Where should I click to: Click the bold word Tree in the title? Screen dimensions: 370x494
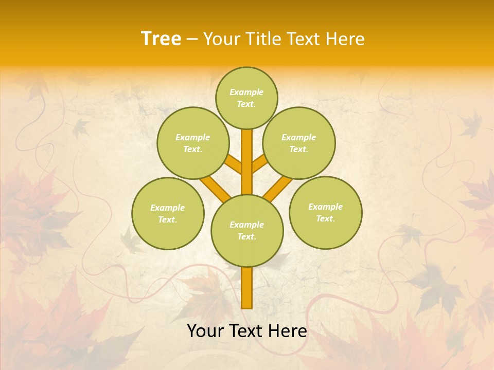tap(161, 39)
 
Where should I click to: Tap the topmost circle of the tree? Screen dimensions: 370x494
tap(246, 98)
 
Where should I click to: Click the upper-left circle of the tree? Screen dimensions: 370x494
tap(193, 143)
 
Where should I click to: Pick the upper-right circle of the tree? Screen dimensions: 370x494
tap(299, 143)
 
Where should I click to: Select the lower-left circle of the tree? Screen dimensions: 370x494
tap(168, 213)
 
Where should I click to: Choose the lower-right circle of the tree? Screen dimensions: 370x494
tap(326, 212)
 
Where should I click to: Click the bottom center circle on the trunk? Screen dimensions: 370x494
tap(247, 230)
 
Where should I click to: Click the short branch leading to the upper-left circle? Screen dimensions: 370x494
tap(234, 165)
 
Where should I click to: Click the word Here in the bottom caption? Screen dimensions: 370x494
tap(286, 331)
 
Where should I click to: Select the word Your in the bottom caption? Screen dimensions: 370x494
tap(205, 331)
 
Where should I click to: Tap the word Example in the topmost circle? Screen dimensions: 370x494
tap(246, 92)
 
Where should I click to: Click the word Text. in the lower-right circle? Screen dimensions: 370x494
tap(325, 218)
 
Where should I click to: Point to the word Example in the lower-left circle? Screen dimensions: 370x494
tap(167, 208)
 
